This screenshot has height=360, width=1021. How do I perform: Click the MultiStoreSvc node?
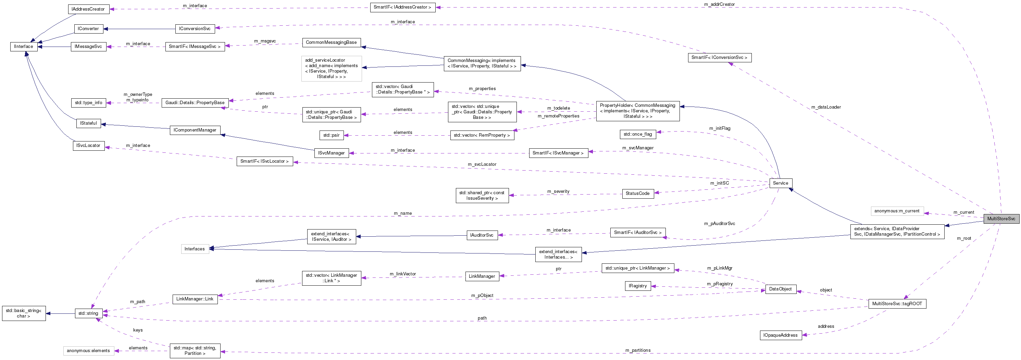pyautogui.click(x=1001, y=219)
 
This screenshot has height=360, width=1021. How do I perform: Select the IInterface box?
pyautogui.click(x=23, y=46)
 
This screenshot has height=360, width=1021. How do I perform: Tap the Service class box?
pyautogui.click(x=781, y=183)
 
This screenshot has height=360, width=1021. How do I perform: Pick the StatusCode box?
pyautogui.click(x=637, y=194)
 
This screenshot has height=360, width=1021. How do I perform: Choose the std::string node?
pyautogui.click(x=88, y=313)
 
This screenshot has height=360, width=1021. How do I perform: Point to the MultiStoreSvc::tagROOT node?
pyautogui.click(x=897, y=304)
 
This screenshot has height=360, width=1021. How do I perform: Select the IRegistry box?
pyautogui.click(x=637, y=286)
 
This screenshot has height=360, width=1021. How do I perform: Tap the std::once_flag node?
pyautogui.click(x=637, y=134)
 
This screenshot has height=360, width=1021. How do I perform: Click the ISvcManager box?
pyautogui.click(x=331, y=153)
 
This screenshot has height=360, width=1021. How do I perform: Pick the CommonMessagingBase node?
pyautogui.click(x=331, y=42)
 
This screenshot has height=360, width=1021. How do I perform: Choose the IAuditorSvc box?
pyautogui.click(x=482, y=235)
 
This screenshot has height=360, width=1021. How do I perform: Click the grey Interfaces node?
pyautogui.click(x=194, y=249)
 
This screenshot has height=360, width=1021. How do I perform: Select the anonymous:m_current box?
pyautogui.click(x=897, y=211)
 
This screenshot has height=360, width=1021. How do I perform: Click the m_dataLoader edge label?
pyautogui.click(x=825, y=107)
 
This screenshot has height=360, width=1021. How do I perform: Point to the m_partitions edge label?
pyautogui.click(x=638, y=350)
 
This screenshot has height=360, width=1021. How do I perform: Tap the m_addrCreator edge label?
pyautogui.click(x=719, y=4)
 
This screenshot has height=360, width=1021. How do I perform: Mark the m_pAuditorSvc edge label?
pyautogui.click(x=719, y=224)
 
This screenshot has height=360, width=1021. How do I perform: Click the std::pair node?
pyautogui.click(x=331, y=135)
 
